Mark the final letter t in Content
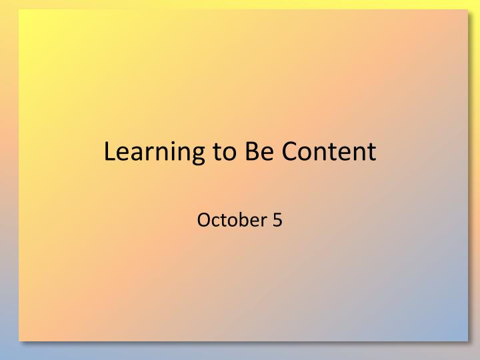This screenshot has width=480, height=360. [372, 153]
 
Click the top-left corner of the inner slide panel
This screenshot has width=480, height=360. [19, 9]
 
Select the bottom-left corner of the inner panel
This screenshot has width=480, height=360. [19, 341]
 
